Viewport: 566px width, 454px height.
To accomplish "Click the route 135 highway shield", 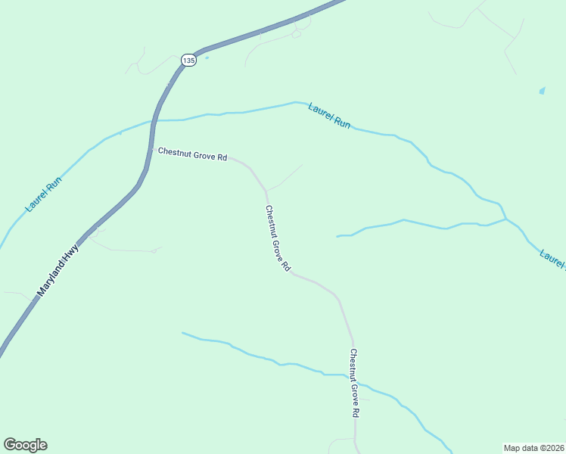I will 189,60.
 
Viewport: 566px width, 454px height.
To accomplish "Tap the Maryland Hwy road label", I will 59,264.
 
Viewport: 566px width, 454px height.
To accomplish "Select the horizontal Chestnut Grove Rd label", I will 192,155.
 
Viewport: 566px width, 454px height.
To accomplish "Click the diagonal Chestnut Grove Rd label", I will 277,238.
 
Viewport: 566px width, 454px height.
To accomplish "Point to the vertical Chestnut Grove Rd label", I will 353,383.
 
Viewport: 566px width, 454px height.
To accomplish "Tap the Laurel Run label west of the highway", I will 43,194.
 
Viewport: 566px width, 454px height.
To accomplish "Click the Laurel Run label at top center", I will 329,116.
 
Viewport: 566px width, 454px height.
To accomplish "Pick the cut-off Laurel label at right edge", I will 553,258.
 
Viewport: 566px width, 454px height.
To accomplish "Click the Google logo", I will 25,445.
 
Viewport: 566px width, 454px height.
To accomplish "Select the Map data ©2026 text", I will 533,447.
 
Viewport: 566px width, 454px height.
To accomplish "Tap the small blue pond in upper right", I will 542,91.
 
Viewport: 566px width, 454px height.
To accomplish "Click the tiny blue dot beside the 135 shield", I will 207,57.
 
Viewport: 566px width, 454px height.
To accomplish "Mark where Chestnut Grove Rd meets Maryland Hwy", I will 152,150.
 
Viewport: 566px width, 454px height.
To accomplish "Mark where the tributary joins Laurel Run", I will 506,219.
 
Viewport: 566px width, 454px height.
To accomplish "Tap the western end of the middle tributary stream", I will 337,236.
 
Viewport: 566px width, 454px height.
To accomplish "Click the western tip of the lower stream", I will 183,332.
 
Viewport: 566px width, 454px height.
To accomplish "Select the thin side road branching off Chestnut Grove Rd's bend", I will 285,177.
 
